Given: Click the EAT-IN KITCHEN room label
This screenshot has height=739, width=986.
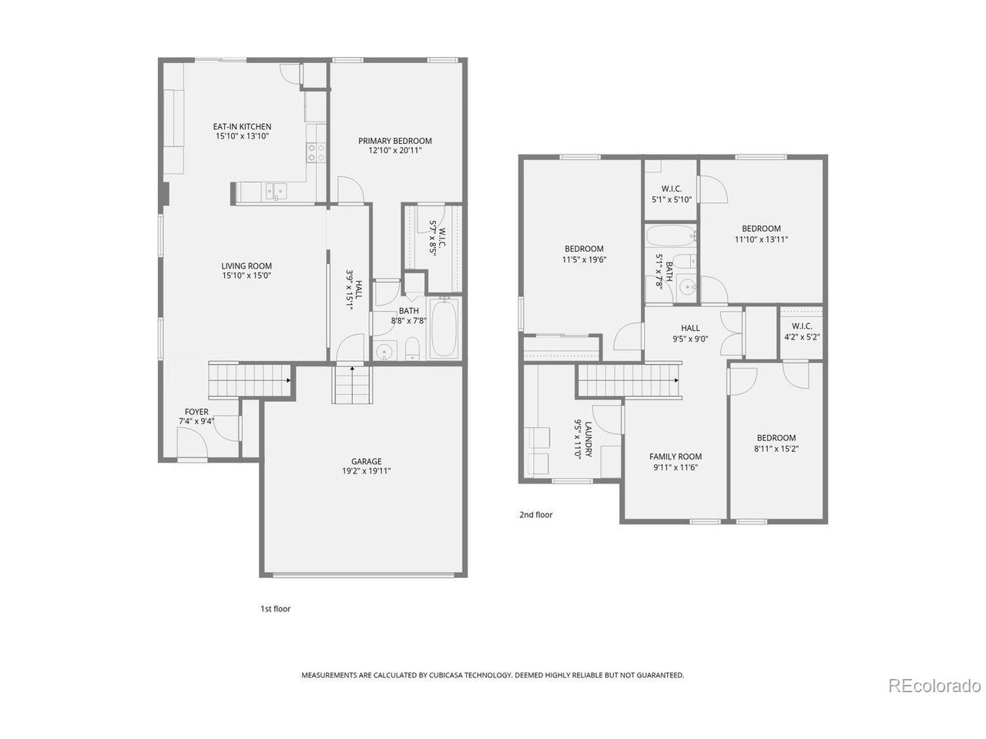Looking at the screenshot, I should tap(242, 127).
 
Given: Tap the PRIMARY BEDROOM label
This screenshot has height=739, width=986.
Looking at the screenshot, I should tap(394, 141).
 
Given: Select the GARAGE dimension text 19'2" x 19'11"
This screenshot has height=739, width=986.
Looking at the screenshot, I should tap(366, 471).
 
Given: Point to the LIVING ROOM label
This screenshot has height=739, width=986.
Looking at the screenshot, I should tap(243, 266).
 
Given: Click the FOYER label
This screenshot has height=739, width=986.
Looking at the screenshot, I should tap(196, 412).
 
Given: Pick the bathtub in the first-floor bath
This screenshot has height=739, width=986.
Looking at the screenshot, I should tap(443, 329).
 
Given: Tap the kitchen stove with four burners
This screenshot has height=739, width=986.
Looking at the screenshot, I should tap(315, 152).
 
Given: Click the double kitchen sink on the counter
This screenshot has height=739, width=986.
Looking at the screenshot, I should tap(275, 190).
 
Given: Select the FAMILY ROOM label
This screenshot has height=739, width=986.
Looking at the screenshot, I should tap(676, 456).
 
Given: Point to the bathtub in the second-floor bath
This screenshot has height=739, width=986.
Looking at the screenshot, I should tap(670, 236).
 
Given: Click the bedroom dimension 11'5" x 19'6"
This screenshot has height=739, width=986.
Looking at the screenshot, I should tap(584, 259).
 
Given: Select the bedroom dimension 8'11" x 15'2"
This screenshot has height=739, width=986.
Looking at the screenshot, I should tap(776, 449).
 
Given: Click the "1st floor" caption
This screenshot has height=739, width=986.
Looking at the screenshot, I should tap(275, 608).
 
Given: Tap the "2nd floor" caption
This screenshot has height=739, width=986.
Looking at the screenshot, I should tap(536, 515).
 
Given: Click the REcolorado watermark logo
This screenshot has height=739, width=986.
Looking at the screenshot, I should tap(934, 685).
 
